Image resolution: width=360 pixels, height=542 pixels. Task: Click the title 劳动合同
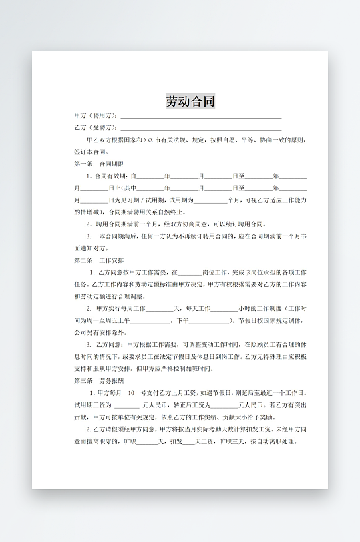point(190,102)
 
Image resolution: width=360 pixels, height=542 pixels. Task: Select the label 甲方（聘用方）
point(96,116)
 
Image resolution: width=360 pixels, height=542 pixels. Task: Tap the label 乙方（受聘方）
point(96,127)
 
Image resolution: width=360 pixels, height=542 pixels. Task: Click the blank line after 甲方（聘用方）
point(200,117)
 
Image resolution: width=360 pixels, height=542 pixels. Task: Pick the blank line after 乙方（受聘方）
point(200,128)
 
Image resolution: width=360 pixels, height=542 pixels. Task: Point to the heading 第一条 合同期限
point(98,164)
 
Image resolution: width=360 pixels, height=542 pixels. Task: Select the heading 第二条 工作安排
point(98,260)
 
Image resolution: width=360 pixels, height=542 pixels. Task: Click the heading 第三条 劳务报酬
point(98,380)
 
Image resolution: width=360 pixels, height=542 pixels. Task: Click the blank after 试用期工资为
point(126,405)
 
